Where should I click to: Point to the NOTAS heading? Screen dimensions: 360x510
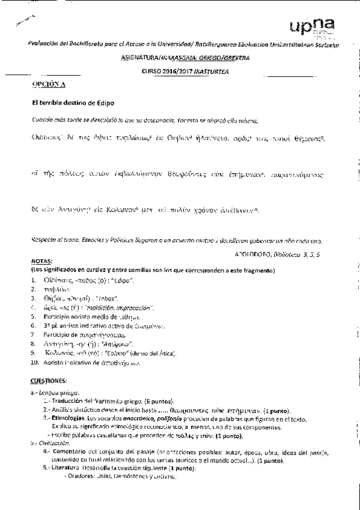point(41,261)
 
